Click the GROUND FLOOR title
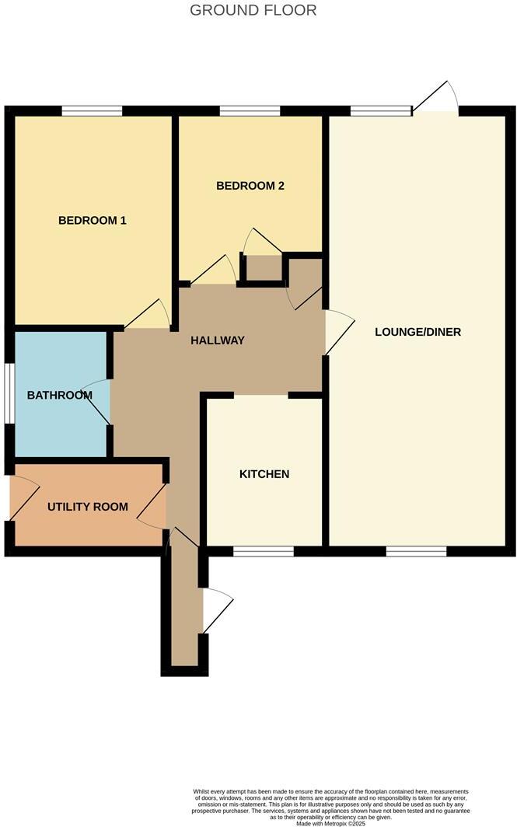[x=253, y=11]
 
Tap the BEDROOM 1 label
[x=93, y=221]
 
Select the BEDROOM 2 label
[x=250, y=186]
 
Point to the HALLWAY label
[x=218, y=340]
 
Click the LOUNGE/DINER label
[x=417, y=332]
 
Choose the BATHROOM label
[x=60, y=396]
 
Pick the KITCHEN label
[x=264, y=474]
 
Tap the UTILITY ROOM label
[x=88, y=507]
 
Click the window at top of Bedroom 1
[x=92, y=111]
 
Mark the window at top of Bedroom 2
[x=250, y=111]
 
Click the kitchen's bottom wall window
[x=264, y=551]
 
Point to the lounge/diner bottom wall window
[x=417, y=551]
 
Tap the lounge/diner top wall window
[x=381, y=111]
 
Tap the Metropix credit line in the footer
[x=330, y=822]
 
